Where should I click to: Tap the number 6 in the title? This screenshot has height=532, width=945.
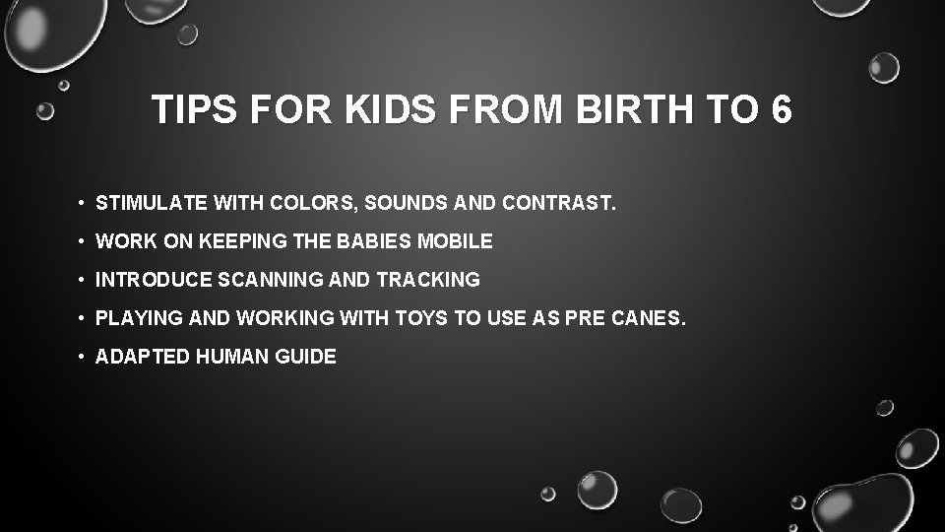[782, 110]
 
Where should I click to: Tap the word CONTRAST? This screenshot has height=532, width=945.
[558, 204]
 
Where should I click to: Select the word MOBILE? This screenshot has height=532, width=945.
[456, 241]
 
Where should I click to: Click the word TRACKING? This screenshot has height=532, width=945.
[428, 280]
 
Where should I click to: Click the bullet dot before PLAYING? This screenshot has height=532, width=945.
[81, 319]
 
